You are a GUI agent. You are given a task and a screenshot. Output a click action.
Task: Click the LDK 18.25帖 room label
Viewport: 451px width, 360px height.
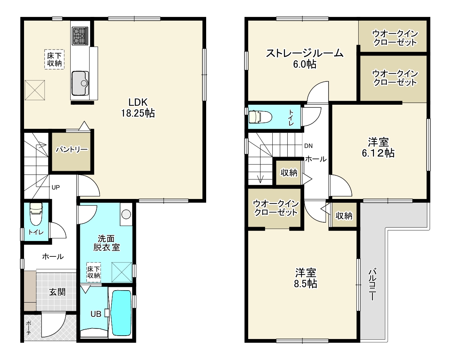coord(138,108)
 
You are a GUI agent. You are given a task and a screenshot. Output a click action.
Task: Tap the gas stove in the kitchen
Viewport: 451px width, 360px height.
coord(80,36)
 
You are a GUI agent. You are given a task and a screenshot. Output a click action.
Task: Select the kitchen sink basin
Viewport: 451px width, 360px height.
coord(80,83)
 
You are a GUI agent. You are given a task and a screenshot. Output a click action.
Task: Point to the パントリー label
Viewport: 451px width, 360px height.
coord(71,150)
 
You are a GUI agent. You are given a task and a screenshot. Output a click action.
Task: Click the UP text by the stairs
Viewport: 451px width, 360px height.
coord(56,187)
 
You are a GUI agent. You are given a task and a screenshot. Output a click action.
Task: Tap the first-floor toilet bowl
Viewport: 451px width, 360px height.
coord(36,214)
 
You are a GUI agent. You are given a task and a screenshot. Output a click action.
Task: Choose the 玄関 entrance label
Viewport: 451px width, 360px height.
coord(57,292)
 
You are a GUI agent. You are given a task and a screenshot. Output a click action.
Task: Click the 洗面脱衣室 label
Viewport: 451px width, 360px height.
coord(107,243)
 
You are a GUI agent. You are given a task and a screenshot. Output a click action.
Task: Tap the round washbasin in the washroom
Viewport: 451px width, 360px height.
coord(126,214)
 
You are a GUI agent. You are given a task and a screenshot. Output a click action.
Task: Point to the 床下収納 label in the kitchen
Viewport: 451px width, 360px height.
coord(54,59)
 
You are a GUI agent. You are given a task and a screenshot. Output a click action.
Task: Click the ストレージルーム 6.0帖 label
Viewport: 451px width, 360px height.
coord(305,59)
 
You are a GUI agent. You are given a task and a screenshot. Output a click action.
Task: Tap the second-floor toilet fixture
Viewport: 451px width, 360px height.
coord(260,116)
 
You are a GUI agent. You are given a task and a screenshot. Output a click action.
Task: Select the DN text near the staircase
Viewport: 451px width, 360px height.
coord(308,146)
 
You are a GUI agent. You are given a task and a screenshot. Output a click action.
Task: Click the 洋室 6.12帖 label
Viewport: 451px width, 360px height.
coord(378,148)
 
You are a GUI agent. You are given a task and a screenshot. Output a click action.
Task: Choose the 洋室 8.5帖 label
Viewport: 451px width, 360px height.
coord(305,278)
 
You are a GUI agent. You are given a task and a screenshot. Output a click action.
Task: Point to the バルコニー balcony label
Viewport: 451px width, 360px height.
coord(373,284)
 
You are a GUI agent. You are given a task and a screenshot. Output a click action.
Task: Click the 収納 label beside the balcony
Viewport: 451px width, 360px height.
coord(344,215)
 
